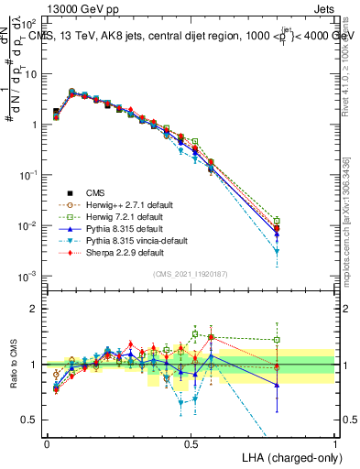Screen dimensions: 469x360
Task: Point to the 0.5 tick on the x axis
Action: pos(191,443)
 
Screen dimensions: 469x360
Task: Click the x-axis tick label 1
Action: pos(335,443)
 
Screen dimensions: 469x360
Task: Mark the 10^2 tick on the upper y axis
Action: pos(32,23)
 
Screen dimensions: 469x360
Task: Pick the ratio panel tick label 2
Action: pos(36,309)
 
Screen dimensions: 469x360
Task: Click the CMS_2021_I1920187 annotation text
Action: pos(191,274)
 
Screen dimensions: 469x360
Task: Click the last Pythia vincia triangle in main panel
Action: pos(278,251)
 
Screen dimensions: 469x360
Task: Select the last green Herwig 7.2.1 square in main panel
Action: pos(278,220)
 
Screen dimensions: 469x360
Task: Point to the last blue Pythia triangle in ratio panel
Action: pos(278,385)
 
